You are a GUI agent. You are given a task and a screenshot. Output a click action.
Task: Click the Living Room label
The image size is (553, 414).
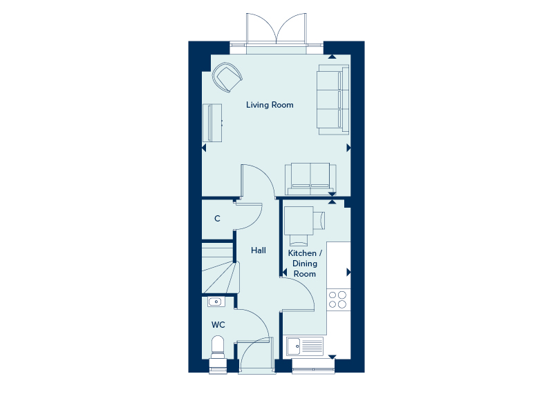click(x=270, y=105)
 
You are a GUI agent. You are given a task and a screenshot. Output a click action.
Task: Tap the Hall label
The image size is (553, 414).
click(x=259, y=250)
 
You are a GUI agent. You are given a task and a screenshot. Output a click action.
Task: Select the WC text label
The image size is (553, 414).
click(x=218, y=324)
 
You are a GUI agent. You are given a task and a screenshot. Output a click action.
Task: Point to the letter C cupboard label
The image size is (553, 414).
click(x=217, y=219)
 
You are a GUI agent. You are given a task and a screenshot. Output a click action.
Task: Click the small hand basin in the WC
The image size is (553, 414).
click(x=215, y=301)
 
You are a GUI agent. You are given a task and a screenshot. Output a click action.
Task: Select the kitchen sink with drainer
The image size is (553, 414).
click(x=304, y=346)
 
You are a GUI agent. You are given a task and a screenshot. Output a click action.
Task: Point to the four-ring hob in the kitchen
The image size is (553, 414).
click(x=338, y=299)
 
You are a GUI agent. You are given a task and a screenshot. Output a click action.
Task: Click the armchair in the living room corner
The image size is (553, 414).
click(x=227, y=76)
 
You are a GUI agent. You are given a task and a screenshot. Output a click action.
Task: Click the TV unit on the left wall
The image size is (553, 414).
click(x=212, y=122)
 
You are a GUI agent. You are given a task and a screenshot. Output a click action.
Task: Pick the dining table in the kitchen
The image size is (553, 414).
click(x=301, y=220)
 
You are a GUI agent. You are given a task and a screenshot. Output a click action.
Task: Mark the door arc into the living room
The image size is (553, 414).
click(x=259, y=181)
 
